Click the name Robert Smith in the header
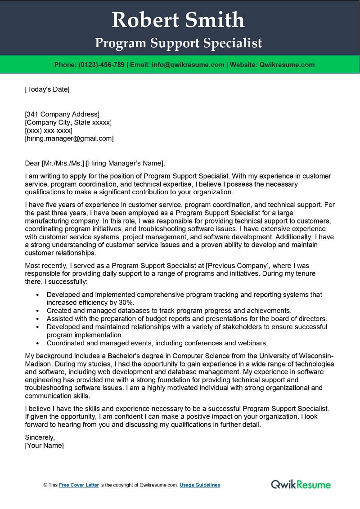(x=178, y=20)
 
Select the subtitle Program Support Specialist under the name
(x=178, y=43)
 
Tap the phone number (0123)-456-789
(x=101, y=65)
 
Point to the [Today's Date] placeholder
(x=47, y=89)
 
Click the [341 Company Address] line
(x=62, y=114)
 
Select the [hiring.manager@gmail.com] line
(x=69, y=138)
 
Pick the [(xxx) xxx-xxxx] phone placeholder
(x=49, y=130)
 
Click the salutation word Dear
(x=32, y=163)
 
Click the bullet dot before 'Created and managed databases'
(x=37, y=311)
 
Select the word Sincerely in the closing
(x=40, y=437)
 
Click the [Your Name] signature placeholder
(x=44, y=445)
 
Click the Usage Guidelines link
(x=200, y=485)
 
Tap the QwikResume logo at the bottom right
(x=301, y=484)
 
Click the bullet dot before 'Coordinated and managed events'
(x=37, y=343)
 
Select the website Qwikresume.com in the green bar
(x=287, y=65)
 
